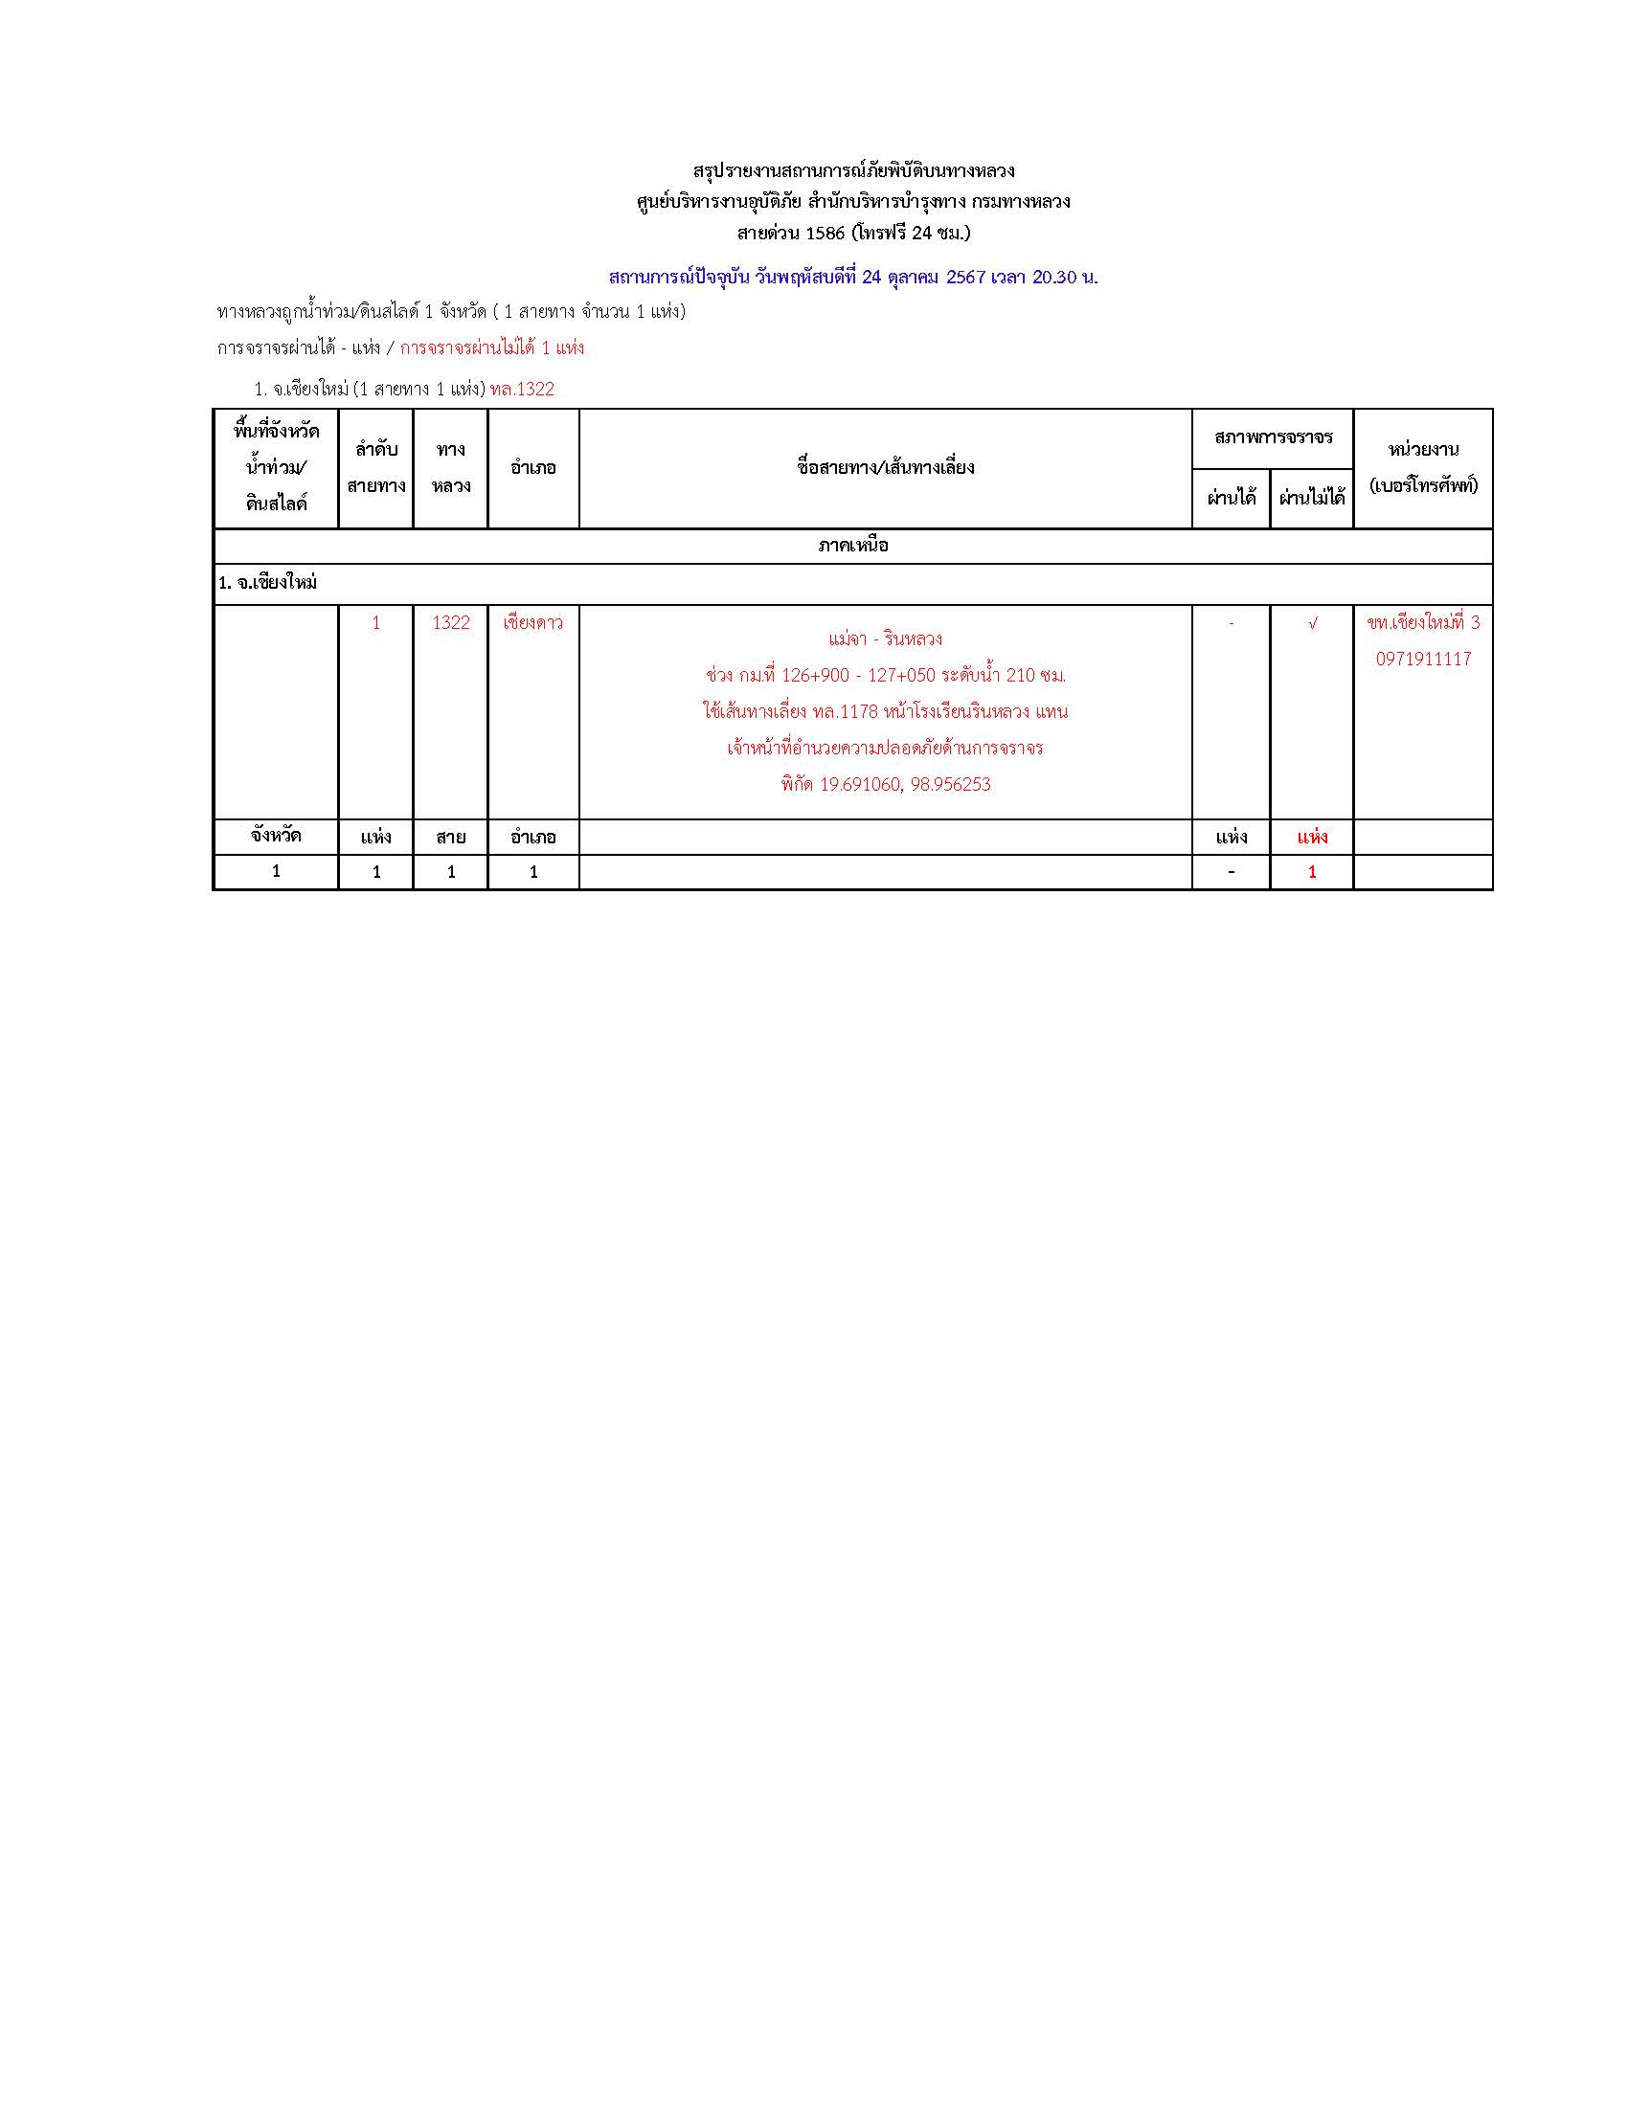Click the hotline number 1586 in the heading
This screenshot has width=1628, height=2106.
tap(825, 234)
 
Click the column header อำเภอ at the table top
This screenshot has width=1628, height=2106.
tap(533, 468)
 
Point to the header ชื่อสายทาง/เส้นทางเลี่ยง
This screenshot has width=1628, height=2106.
tap(886, 468)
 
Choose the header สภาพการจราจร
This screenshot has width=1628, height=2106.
tap(1273, 437)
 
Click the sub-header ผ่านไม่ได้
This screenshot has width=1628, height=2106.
tap(1312, 499)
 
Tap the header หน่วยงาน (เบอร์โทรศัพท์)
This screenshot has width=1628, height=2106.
tap(1423, 468)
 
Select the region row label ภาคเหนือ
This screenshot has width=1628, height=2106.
tap(852, 546)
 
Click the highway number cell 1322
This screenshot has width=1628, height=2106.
tap(450, 623)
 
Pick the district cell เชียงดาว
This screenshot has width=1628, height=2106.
tap(533, 623)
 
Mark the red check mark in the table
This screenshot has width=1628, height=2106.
tap(1312, 624)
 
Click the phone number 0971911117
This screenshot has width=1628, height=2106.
tap(1423, 660)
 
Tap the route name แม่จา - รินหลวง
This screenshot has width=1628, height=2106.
tap(886, 639)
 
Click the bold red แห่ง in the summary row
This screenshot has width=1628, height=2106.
tap(1312, 837)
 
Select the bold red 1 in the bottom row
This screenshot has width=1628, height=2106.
tap(1312, 873)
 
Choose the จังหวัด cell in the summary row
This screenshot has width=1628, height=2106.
tap(276, 836)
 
